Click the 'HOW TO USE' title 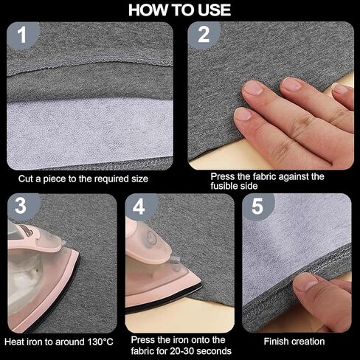click(179, 10)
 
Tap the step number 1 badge click(22, 35)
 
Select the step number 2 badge click(204, 35)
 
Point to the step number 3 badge click(21, 206)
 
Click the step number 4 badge click(139, 207)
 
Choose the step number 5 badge click(257, 207)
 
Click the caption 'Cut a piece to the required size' click(83, 179)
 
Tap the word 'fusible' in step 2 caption click(224, 186)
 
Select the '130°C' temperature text click(100, 342)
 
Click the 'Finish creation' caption click(294, 342)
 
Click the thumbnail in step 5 click(306, 283)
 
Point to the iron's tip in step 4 click(201, 285)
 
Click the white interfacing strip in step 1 click(90, 132)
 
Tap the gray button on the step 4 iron click(175, 260)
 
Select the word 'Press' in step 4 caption click(142, 340)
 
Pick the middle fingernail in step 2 click(291, 84)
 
